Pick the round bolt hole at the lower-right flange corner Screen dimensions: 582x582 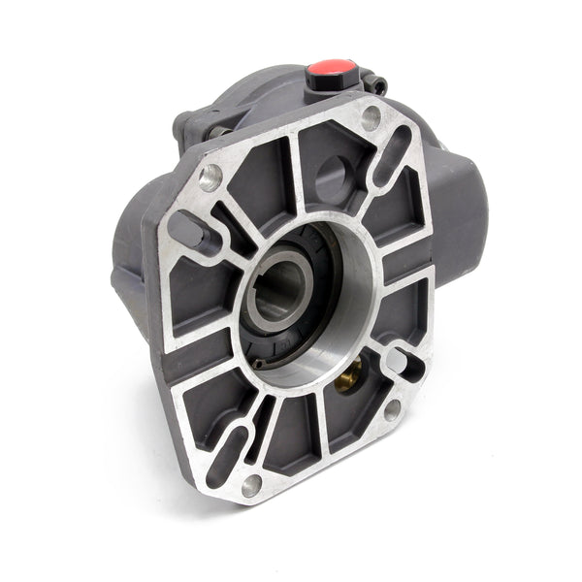pyautogui.click(x=392, y=409)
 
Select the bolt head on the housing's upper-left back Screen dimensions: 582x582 pyautogui.click(x=184, y=123)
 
